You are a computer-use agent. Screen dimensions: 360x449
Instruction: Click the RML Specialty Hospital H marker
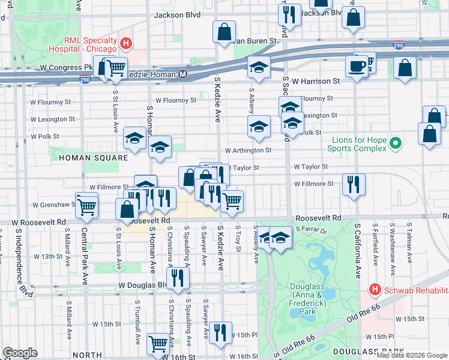(x=126, y=43)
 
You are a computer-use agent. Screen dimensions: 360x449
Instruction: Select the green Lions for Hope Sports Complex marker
(x=395, y=144)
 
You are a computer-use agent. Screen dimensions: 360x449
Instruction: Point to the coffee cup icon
(x=357, y=66)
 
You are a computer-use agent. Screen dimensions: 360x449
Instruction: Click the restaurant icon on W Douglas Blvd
(x=178, y=277)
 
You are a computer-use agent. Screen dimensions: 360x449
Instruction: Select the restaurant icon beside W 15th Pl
(x=220, y=332)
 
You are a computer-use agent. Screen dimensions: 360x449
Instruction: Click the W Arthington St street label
(x=248, y=151)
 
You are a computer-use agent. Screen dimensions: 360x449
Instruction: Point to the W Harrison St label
(x=316, y=80)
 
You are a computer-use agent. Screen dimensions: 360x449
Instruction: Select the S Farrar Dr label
(x=310, y=230)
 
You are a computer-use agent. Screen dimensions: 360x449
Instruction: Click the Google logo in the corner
(x=20, y=353)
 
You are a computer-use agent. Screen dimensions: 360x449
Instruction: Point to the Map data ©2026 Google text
(x=411, y=355)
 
